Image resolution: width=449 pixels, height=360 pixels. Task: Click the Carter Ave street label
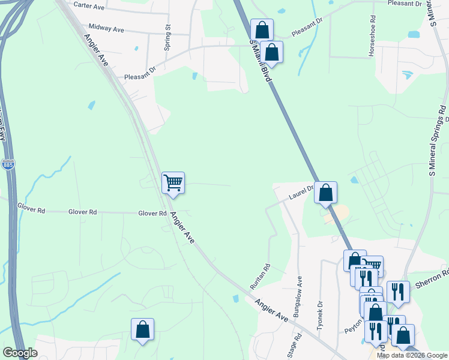point(89,5)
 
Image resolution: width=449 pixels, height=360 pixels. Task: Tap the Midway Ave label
point(106,28)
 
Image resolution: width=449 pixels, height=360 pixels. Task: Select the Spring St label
point(168,37)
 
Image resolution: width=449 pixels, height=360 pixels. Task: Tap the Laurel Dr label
point(301,192)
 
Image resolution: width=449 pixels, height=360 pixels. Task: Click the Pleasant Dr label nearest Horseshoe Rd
point(406,4)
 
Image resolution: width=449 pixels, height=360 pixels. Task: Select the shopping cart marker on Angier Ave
point(173,182)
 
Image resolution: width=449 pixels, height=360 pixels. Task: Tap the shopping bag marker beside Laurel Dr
point(325,193)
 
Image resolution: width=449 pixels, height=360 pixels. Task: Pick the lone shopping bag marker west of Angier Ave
point(142,329)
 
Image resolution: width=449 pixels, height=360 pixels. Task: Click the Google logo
point(19,353)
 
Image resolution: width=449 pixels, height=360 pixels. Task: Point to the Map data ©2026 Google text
point(411,355)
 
